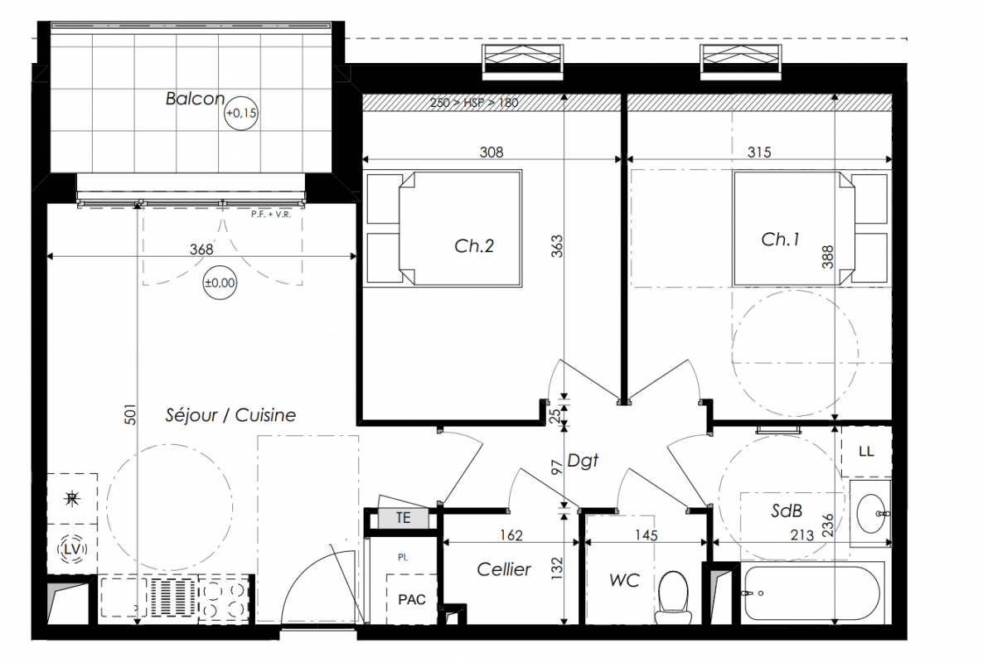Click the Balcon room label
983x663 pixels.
point(195,99)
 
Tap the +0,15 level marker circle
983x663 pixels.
point(241,113)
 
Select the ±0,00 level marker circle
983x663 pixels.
point(220,283)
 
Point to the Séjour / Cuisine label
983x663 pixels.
point(230,415)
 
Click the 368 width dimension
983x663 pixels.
point(201,249)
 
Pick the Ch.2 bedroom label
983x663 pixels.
point(474,245)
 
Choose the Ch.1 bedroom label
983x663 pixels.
point(781,239)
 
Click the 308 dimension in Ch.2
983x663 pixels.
point(491,152)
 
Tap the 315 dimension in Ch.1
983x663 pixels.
point(759,152)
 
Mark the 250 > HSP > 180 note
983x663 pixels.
point(474,103)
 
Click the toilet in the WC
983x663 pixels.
point(673,598)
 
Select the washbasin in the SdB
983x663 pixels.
point(871,513)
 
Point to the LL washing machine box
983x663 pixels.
point(866,451)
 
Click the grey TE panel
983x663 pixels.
point(403,518)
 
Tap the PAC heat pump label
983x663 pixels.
point(412,600)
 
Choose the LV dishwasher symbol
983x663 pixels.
point(73,549)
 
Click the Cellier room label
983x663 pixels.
point(503,569)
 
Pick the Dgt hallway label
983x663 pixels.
point(583,461)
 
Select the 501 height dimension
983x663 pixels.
point(130,414)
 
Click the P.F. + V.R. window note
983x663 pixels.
point(271,215)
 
